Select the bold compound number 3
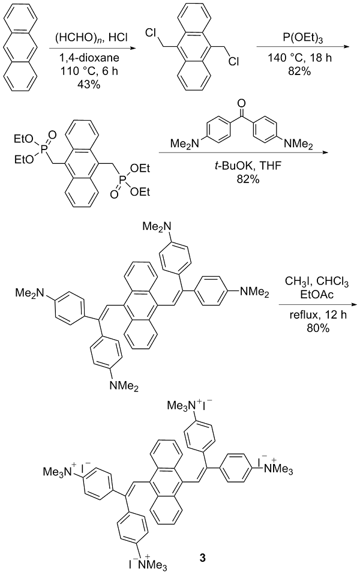203,558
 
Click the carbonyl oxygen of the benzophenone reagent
241,104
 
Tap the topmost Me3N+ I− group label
192,405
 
